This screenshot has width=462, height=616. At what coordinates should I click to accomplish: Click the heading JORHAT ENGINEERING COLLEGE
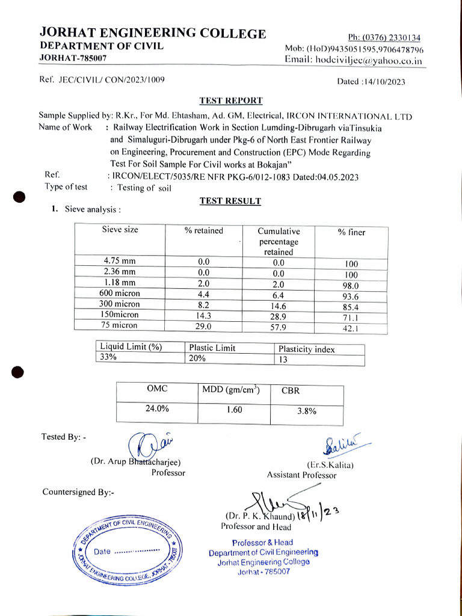[x=152, y=33]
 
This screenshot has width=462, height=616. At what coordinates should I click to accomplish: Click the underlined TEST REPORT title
[x=230, y=100]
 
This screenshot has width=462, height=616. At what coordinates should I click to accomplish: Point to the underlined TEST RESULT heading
[x=230, y=201]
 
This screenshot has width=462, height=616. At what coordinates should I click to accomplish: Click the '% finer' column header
[x=351, y=232]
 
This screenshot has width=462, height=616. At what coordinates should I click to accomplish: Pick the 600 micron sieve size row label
[x=120, y=293]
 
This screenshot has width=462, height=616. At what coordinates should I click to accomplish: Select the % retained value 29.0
[x=204, y=325]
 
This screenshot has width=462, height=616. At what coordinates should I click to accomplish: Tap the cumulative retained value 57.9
[x=278, y=327]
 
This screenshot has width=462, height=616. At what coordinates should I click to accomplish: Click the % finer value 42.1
[x=351, y=328]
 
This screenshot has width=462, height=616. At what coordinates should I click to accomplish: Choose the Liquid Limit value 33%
[x=109, y=357]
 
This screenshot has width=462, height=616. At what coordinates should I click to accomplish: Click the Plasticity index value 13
[x=283, y=360]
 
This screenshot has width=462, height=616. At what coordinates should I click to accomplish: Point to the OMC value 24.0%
[x=157, y=408]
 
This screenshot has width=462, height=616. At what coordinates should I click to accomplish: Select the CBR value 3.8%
[x=307, y=411]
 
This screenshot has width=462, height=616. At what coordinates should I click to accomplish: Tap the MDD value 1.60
[x=234, y=410]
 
